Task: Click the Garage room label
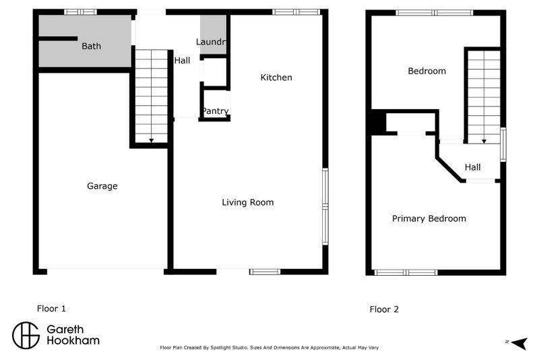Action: pos(102,186)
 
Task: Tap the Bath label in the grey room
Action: pos(92,47)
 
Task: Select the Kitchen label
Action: pos(276,78)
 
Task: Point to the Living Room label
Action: pos(248,202)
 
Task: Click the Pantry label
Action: pos(215,111)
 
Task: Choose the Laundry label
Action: pos(210,42)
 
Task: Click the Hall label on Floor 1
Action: pos(182,61)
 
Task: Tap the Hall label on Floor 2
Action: pos(472,168)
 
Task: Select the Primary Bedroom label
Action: pos(429,218)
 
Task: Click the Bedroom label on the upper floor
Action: pos(426,71)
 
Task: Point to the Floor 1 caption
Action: pos(51,309)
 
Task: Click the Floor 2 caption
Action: pos(384,310)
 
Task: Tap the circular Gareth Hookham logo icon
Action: pos(26,335)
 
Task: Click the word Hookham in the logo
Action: pos(73,341)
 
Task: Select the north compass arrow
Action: pos(517,344)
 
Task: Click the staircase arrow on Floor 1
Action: pos(151,140)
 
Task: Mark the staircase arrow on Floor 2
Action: pos(484,140)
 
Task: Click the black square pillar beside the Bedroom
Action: pos(376,123)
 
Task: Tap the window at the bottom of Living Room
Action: pos(264,272)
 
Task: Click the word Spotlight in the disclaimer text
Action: pos(243,349)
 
